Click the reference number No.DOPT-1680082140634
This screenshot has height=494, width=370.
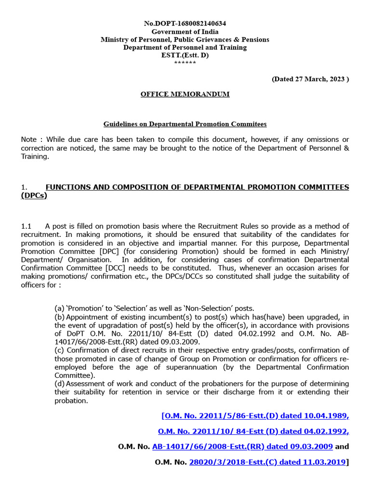[x=185, y=23]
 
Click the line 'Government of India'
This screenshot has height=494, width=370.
[x=185, y=31]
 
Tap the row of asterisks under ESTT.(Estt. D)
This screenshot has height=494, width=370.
[x=185, y=63]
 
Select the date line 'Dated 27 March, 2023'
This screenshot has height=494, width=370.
[x=310, y=79]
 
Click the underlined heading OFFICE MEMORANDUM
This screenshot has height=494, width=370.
[x=185, y=94]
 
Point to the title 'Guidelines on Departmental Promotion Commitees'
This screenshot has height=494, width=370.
[x=185, y=124]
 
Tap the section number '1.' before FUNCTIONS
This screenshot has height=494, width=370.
[x=25, y=187]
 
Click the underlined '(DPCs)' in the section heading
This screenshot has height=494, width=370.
[x=34, y=195]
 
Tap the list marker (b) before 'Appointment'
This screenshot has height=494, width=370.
[x=59, y=317]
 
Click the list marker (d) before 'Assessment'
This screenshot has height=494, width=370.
[x=59, y=384]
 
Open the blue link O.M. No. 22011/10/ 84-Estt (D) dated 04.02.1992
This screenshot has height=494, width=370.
[x=253, y=431]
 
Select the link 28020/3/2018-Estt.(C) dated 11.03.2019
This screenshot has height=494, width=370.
[x=267, y=462]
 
